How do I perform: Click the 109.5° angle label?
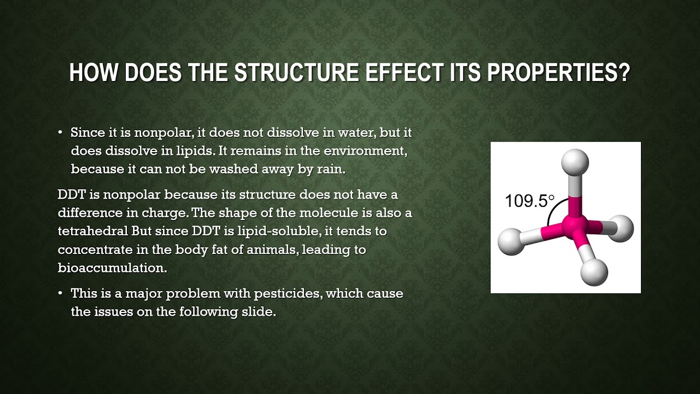coord(529,201)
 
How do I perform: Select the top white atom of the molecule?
coord(575,163)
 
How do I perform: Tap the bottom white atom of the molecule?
coord(594,271)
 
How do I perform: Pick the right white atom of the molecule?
coord(620,228)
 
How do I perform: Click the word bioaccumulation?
coord(112,268)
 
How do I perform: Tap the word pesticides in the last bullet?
coord(290,293)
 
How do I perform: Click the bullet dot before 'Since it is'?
coord(60,133)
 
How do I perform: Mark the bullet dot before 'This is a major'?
coord(60,294)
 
